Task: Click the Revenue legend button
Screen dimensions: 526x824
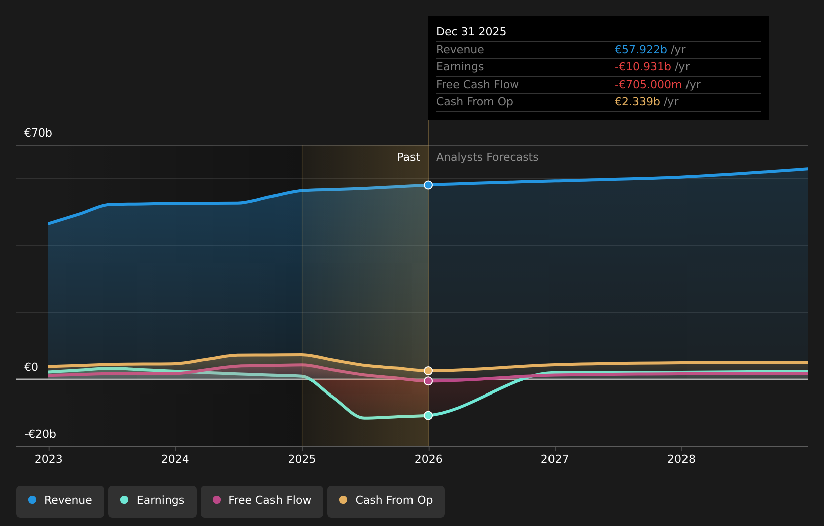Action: click(60, 500)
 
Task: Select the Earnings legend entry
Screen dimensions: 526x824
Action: click(153, 500)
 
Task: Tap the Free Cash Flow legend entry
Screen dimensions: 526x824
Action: click(262, 500)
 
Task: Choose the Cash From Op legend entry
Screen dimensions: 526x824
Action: click(386, 500)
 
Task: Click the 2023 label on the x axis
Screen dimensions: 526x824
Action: click(49, 459)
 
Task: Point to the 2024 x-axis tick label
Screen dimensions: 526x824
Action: click(175, 459)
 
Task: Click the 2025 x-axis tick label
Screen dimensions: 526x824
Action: click(302, 459)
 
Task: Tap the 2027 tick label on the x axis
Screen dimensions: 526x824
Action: click(555, 459)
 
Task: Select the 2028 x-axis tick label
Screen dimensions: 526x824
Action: click(681, 459)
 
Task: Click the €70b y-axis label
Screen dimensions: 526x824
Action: click(38, 133)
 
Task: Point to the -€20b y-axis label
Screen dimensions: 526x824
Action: click(40, 434)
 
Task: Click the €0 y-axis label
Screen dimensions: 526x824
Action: click(31, 367)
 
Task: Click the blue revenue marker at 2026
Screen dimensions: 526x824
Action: click(428, 185)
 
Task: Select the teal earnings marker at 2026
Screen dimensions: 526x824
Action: click(428, 416)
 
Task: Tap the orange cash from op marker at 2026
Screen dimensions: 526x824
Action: click(428, 371)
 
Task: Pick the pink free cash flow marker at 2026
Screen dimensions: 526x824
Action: click(428, 381)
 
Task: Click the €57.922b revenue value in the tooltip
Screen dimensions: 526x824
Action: click(641, 50)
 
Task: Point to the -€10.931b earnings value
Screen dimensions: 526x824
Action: click(643, 67)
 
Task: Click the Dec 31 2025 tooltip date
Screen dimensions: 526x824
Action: click(471, 32)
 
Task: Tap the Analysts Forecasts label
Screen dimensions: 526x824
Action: click(487, 157)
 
